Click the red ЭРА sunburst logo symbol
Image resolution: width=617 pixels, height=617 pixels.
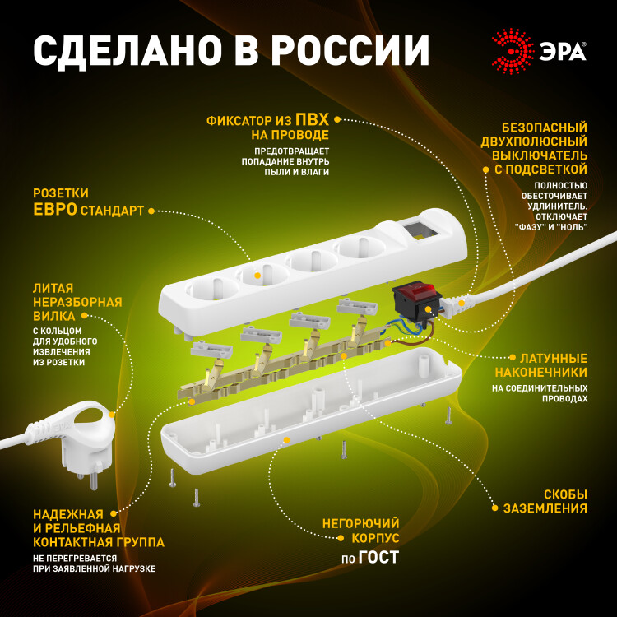click(513, 51)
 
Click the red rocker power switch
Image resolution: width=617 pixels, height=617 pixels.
click(415, 291)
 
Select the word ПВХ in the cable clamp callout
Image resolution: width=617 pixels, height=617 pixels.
click(312, 118)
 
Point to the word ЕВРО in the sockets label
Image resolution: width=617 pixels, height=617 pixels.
click(54, 209)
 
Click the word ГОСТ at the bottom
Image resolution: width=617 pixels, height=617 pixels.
click(378, 557)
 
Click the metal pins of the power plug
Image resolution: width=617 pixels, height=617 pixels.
click(89, 477)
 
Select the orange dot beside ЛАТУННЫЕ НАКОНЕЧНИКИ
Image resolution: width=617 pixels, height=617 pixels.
click(513, 357)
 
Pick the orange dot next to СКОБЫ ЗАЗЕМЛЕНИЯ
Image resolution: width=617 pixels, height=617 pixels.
click(495, 508)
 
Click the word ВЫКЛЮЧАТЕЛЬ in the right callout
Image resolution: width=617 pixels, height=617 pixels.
click(540, 155)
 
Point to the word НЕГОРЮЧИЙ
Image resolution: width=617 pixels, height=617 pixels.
click(360, 523)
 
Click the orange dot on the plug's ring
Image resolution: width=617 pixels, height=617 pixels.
click(112, 415)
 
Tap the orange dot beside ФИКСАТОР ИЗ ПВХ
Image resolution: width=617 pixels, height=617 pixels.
click(336, 119)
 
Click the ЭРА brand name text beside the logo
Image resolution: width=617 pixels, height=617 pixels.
click(562, 52)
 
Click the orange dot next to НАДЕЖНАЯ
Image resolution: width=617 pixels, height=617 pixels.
click(114, 513)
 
